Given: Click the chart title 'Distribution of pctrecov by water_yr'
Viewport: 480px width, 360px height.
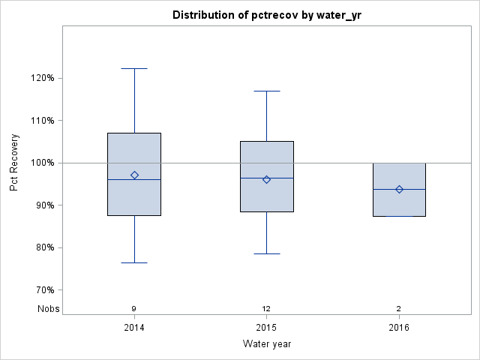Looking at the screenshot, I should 266,15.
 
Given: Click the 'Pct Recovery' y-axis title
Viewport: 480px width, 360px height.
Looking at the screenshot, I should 15,163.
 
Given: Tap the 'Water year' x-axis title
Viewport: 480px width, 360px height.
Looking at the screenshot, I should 266,344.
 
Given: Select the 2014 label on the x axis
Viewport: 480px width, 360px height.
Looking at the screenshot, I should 134,327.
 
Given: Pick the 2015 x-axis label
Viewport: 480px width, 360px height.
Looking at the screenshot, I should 266,327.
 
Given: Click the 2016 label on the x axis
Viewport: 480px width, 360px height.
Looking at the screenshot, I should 399,327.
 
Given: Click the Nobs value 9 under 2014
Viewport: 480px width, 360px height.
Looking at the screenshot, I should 134,308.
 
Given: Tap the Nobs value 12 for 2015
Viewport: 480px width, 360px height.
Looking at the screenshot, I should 266,308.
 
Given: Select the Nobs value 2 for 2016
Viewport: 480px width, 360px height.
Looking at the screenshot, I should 399,308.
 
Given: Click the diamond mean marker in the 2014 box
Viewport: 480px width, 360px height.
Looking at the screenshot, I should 134,175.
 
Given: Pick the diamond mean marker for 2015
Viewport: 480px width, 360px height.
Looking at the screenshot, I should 266,179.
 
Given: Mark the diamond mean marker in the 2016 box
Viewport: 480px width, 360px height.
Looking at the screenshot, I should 399,189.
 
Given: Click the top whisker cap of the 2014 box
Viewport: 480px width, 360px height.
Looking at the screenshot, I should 134,68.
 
